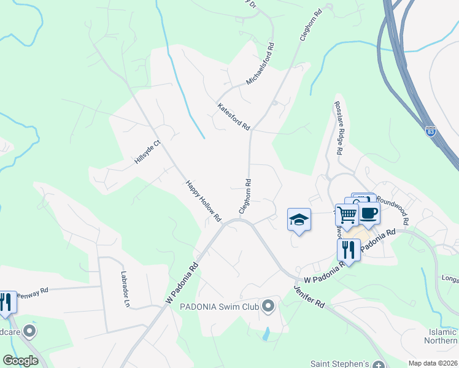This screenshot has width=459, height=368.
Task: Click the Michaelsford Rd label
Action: coord(260,64)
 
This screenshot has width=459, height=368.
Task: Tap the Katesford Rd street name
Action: coord(233,117)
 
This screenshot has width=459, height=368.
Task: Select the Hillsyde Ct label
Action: coord(147,153)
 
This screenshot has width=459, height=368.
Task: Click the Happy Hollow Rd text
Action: coord(202,201)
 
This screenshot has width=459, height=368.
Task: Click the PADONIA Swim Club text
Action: coord(218,305)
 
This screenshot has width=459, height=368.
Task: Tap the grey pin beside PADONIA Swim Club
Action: coord(268,305)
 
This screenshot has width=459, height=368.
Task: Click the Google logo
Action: coord(20,360)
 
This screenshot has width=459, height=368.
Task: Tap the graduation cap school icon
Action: coord(299,219)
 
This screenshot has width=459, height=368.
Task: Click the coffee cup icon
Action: coord(369,213)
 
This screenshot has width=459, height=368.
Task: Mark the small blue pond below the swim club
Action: coord(265,334)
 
